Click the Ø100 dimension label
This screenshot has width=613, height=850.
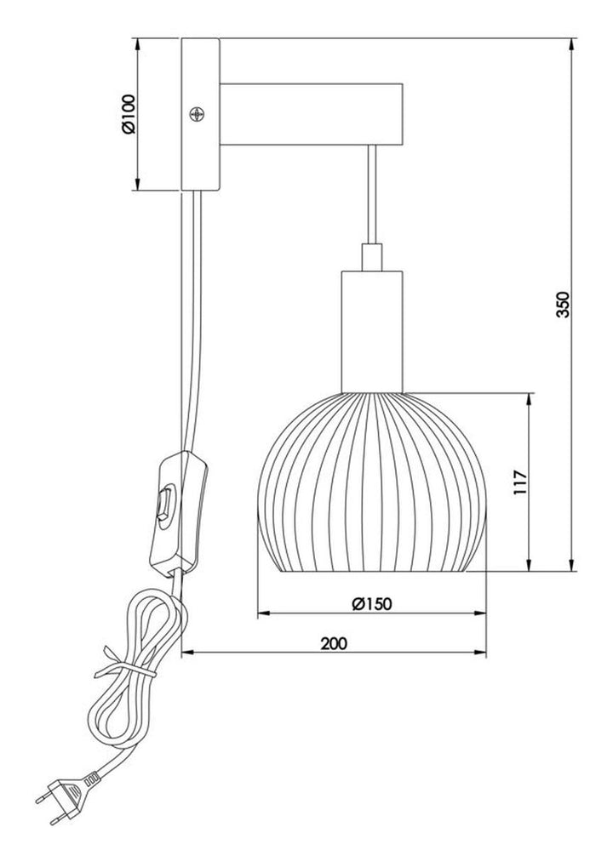point(129,114)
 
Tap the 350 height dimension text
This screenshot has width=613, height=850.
point(564,305)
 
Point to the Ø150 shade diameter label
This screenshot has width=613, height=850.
point(371,603)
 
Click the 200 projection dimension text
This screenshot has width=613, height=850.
point(334,643)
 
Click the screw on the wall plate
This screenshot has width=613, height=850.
point(197,114)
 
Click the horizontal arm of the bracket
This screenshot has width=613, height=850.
point(311,114)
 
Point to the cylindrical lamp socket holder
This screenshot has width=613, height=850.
point(372,331)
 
